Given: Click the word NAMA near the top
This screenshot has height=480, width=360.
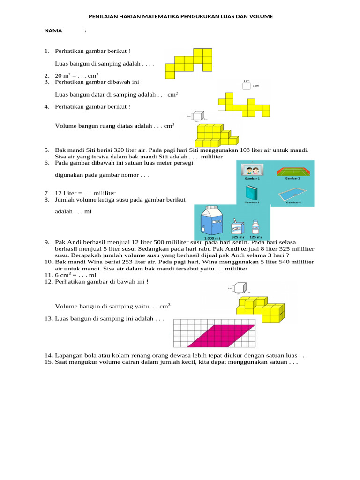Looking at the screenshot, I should [53, 30].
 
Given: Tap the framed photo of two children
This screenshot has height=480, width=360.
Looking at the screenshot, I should [252, 170].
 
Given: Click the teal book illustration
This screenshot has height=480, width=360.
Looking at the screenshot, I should [252, 192].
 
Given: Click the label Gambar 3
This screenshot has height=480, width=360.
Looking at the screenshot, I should [252, 203].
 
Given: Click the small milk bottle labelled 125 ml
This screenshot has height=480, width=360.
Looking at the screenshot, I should [256, 227].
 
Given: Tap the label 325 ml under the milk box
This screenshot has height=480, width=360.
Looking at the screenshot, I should [239, 237].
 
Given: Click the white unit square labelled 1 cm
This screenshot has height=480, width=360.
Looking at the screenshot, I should [247, 86].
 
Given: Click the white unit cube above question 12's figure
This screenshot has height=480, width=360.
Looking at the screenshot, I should [240, 288].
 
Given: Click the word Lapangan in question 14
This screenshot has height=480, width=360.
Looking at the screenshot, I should [68, 356].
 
